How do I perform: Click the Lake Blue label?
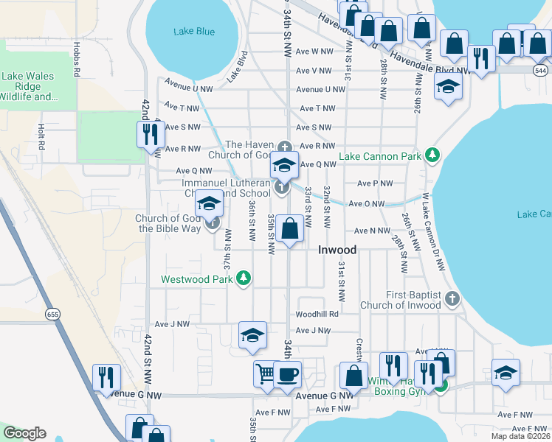pos(194,31)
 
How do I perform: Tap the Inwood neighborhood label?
pos(337,250)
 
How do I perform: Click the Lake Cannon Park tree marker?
pos(432,155)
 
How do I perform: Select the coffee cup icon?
pos(287,374)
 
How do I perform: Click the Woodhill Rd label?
pos(317,314)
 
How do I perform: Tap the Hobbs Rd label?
pos(77,57)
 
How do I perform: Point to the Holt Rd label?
pos(41,137)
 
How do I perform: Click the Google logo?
pos(24,433)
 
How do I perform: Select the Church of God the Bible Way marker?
pos(214,222)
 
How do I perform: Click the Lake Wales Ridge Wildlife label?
pos(30,86)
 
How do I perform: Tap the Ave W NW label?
pos(314,51)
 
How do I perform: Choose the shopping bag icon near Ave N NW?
pos(291,229)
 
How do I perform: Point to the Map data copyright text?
pos(521,436)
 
